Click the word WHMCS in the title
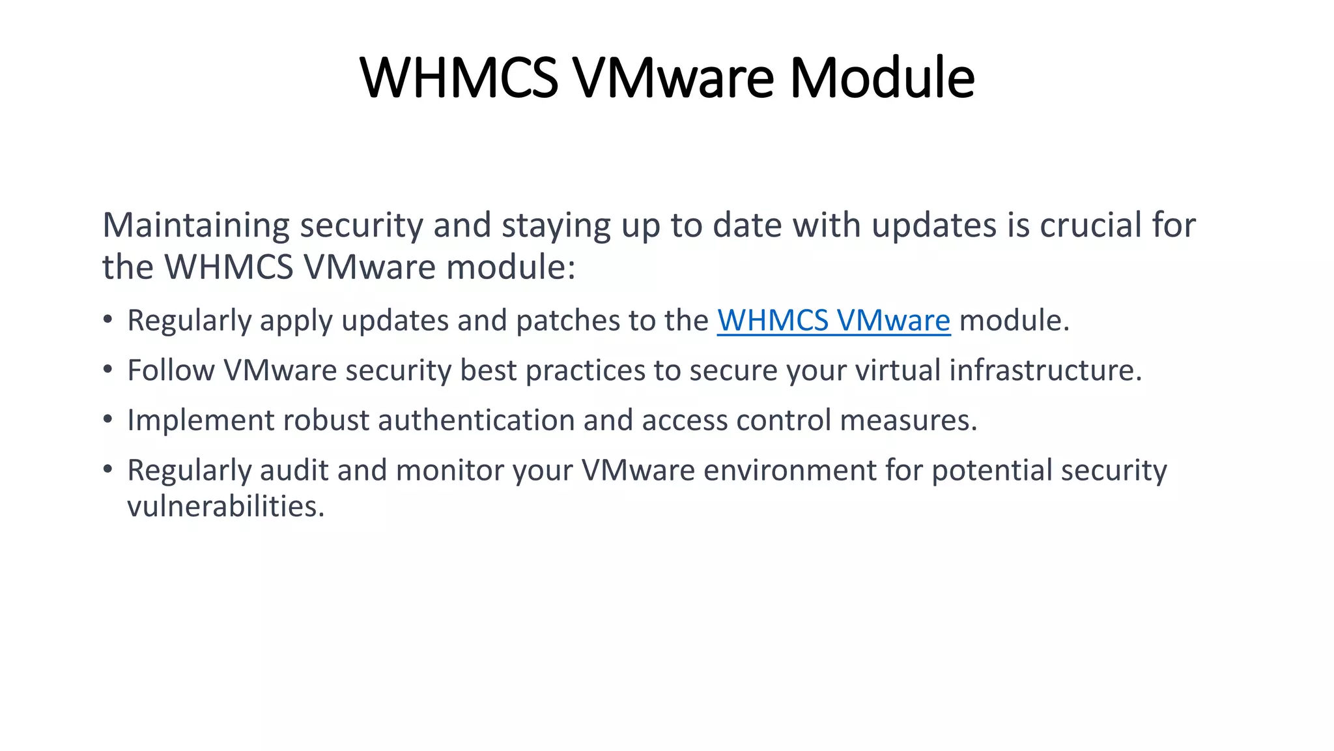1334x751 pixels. click(459, 78)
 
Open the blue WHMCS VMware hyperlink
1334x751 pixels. click(834, 320)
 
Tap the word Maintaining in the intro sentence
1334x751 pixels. click(196, 225)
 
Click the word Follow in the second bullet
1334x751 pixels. click(171, 370)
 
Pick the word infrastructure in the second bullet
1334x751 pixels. click(1045, 370)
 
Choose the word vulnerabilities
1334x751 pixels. click(225, 507)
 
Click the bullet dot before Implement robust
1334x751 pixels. click(108, 419)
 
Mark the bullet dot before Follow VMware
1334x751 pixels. click(108, 370)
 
